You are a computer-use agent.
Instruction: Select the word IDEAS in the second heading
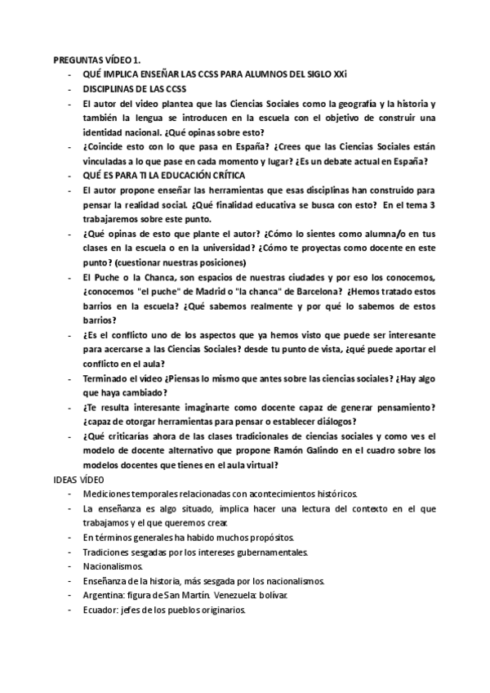tap(67, 481)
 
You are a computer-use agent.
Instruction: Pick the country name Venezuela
tap(229, 597)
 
